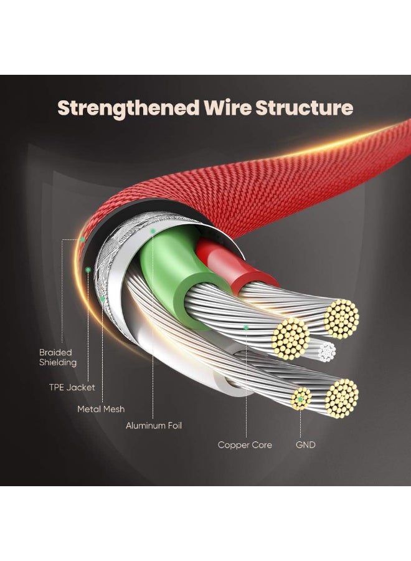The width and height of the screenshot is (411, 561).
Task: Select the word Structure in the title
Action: (x=309, y=107)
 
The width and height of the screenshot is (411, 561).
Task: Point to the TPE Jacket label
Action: (x=72, y=387)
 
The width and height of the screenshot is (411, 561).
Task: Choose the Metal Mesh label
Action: (x=101, y=409)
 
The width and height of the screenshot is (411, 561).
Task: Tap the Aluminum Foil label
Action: (x=154, y=426)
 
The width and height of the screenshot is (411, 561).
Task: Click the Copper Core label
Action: (x=245, y=445)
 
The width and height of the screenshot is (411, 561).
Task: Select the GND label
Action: (x=306, y=445)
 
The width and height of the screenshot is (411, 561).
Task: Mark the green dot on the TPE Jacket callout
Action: (x=88, y=269)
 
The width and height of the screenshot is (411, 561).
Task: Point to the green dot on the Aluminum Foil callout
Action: (x=153, y=231)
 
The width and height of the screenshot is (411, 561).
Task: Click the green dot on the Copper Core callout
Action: (x=247, y=327)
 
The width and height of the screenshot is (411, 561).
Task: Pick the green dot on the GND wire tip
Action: (x=301, y=398)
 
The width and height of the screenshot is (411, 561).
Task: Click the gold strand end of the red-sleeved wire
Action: (x=341, y=318)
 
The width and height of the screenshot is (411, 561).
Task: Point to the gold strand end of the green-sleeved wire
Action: (x=291, y=338)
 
